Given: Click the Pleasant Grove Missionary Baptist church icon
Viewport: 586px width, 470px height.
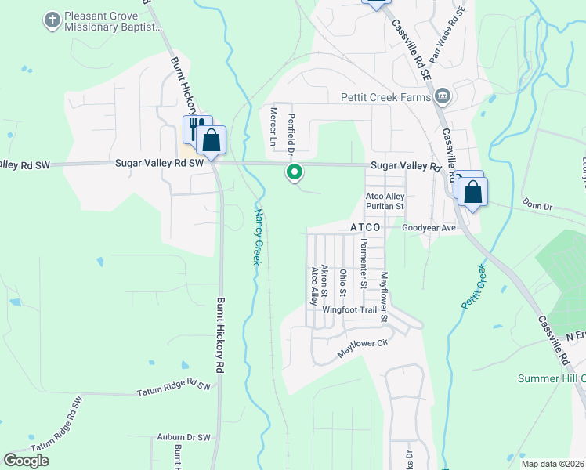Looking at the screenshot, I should (x=52, y=20).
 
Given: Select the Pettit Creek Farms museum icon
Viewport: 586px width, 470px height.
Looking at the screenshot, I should (x=443, y=96).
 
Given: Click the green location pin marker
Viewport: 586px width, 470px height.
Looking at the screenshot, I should (x=295, y=172).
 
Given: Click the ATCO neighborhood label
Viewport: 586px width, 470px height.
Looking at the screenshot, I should (x=365, y=227).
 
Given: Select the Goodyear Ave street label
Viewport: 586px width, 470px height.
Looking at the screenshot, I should (x=429, y=227).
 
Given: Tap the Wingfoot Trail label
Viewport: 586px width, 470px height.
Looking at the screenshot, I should (x=349, y=310).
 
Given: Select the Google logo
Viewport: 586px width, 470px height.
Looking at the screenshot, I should (x=27, y=461).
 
